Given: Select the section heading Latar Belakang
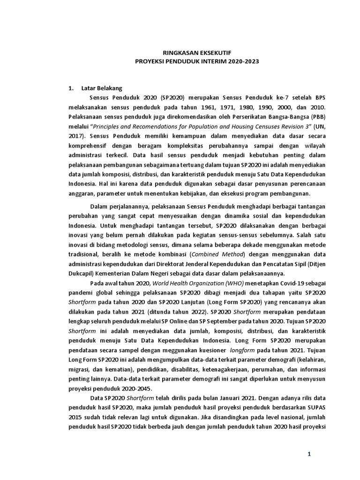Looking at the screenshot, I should tap(102, 88).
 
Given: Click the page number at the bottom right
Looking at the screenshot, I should tap(309, 454).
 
